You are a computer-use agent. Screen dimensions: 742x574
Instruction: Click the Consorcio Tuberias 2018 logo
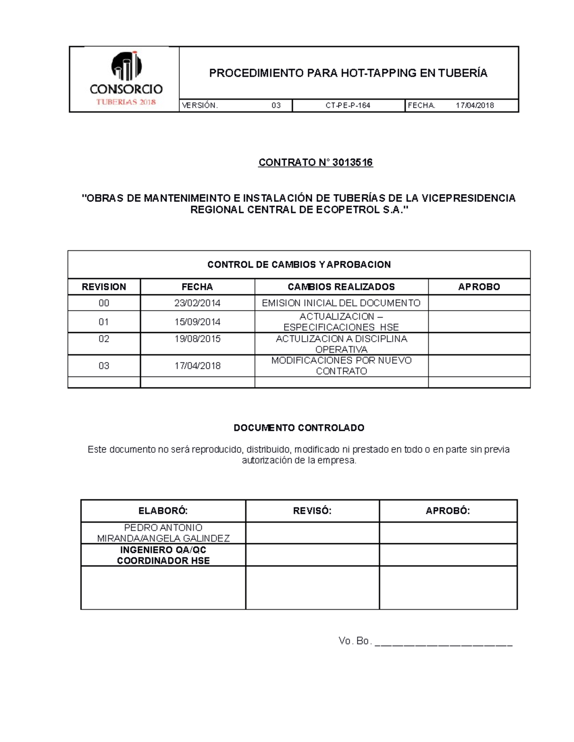pos(126,79)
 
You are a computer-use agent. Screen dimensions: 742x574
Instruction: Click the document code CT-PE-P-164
pos(348,106)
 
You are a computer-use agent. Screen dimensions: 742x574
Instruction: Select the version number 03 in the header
pos(276,106)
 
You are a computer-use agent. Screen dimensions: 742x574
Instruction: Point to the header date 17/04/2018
pos(475,106)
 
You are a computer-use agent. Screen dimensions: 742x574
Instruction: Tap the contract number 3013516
pos(353,162)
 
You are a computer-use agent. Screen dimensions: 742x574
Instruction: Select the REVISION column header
pos(104,287)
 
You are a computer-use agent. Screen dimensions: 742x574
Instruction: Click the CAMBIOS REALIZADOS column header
pos(341,287)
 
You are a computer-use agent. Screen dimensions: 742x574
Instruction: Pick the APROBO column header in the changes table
pos(479,287)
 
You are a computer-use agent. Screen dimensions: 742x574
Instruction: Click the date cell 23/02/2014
pos(197,303)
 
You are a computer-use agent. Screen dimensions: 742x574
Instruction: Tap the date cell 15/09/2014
pos(197,322)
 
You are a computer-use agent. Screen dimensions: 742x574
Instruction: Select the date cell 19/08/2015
pos(197,339)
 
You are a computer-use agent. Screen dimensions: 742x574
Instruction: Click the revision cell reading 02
pos(104,339)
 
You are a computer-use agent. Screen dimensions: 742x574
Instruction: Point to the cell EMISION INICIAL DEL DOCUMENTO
pos(341,303)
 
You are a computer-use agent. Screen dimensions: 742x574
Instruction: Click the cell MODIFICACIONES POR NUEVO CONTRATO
pos(341,366)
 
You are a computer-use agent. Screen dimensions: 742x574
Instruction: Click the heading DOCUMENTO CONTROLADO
pos(299,428)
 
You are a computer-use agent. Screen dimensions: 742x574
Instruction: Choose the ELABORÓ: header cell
pos(163,511)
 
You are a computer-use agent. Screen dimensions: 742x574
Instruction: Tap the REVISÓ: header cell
pos(312,511)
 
